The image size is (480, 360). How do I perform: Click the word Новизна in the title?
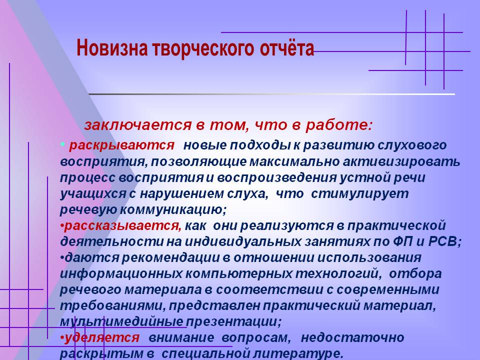[x=111, y=48]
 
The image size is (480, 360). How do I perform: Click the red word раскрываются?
[x=122, y=145]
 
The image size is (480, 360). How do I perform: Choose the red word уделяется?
[x=102, y=337]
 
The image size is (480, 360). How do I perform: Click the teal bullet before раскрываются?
[x=62, y=144]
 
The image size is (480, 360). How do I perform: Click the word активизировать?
[x=401, y=161]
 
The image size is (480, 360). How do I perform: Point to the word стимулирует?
[x=359, y=194]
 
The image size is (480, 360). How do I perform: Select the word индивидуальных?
[x=243, y=242]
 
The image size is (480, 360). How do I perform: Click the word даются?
[x=92, y=258]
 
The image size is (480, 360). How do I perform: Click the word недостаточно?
[x=352, y=337]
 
